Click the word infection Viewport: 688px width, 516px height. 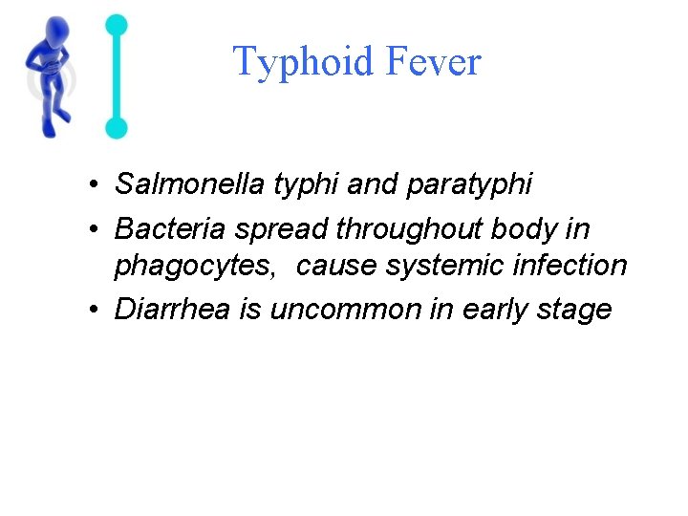point(570,265)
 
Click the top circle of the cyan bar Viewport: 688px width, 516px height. point(117,24)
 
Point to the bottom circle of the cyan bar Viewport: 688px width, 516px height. point(117,127)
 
